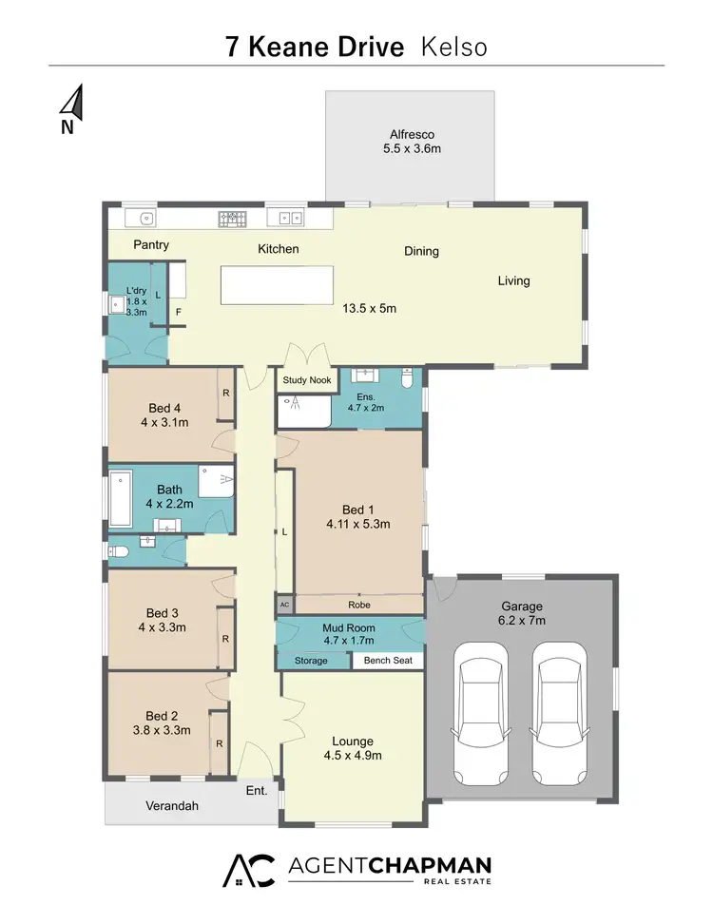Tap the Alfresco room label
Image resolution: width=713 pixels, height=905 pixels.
tap(410, 134)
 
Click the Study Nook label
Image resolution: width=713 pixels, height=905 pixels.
tap(306, 380)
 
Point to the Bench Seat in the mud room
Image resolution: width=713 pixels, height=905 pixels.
tap(388, 661)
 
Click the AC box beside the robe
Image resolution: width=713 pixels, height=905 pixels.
tap(283, 605)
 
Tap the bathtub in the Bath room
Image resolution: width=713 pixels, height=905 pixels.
tap(122, 498)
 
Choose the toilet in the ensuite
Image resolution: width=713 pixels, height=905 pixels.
tap(407, 380)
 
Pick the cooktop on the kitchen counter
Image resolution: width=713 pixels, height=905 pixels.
tap(232, 219)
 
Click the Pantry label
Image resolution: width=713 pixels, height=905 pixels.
tap(151, 245)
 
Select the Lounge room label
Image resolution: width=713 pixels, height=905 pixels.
tap(352, 741)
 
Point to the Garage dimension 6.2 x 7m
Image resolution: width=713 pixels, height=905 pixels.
tap(522, 621)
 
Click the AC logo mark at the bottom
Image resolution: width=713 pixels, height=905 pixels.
tap(248, 870)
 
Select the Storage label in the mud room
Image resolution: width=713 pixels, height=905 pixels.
tap(311, 661)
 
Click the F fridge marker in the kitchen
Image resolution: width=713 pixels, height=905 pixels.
tap(177, 311)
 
